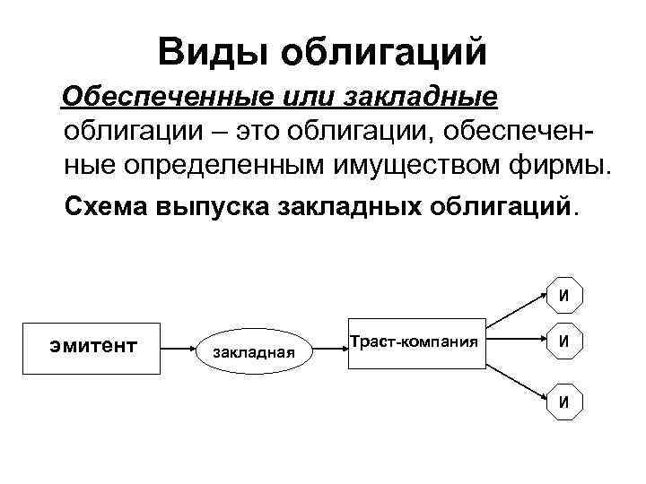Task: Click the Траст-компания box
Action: point(416,342)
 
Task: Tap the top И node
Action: point(563,294)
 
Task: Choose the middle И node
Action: point(563,341)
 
